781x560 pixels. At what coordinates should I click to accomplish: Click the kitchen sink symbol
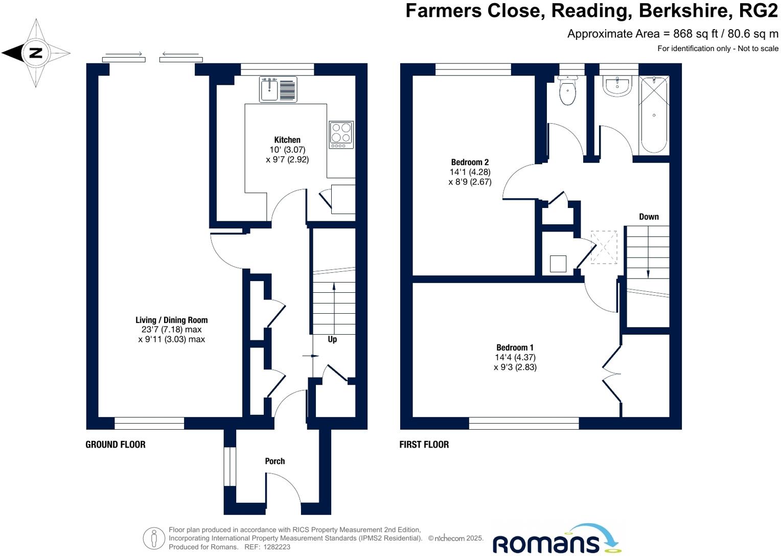coord(278,89)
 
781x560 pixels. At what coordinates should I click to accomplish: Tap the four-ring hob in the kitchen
coord(341,134)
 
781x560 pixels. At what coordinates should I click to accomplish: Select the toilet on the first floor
coord(567,91)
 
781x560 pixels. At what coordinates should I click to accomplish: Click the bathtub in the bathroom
coord(654,115)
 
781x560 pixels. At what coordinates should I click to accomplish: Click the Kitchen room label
coord(287,140)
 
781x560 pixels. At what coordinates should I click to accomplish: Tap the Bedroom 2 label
coord(470,162)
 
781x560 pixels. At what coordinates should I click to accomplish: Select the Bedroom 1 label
coord(514,347)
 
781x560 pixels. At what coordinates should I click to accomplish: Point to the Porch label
coord(275,461)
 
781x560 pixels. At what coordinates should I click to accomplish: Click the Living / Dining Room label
coord(172,320)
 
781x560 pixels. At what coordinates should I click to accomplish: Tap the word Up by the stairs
coord(332,339)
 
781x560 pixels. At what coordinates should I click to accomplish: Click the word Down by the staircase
coord(649,217)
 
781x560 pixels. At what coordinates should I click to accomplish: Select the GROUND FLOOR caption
coord(116,445)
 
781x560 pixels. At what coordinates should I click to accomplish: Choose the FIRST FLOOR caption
coord(424,445)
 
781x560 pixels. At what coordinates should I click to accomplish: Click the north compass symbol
coord(36,53)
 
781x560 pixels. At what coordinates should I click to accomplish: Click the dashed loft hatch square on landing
coord(604,247)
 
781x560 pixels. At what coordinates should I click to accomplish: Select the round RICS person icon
coord(154,539)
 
